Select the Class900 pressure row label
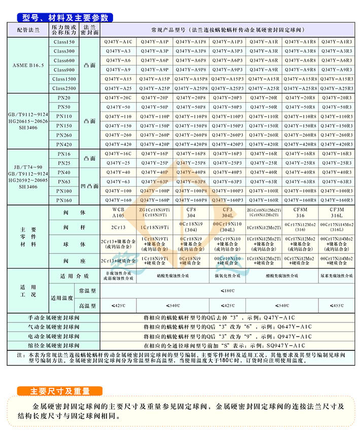click(64, 69)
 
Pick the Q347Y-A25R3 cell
click(337, 88)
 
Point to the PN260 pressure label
click(64, 135)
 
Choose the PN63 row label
click(64, 182)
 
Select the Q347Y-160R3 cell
click(337, 200)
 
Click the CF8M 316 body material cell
click(300, 212)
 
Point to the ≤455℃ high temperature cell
click(337, 306)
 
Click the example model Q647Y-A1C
click(277, 327)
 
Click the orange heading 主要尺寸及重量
click(59, 391)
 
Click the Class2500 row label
click(64, 88)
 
